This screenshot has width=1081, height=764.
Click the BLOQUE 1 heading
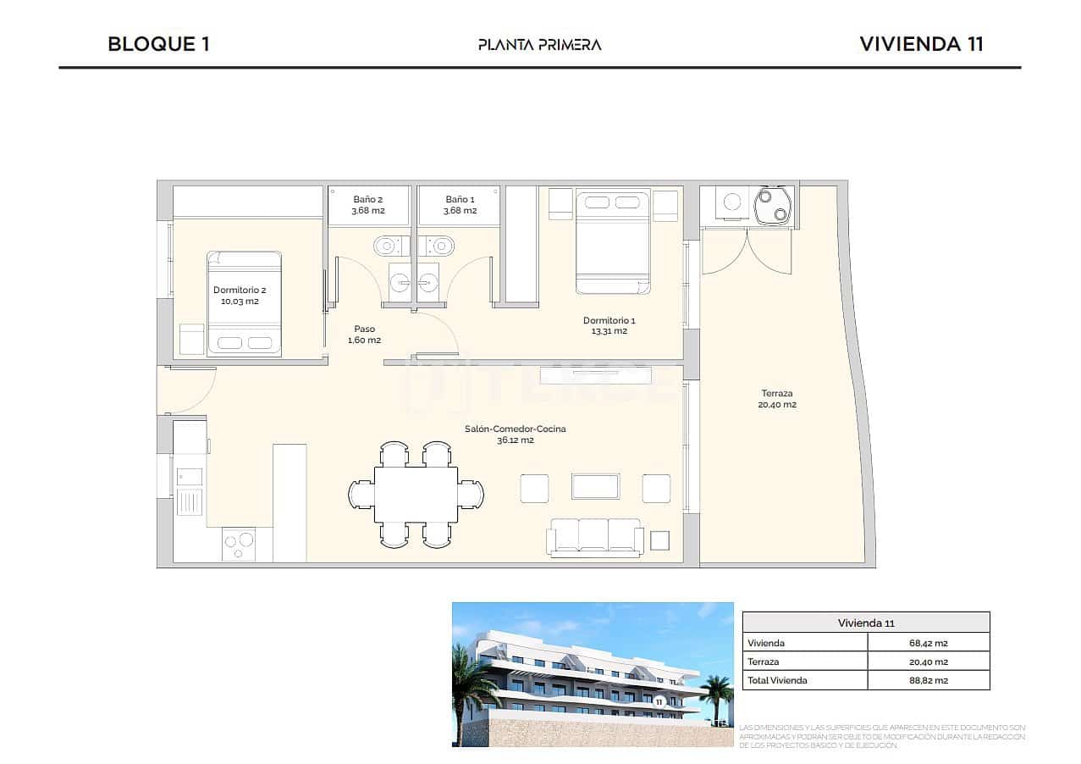click(158, 44)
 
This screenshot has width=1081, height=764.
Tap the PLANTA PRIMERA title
click(539, 45)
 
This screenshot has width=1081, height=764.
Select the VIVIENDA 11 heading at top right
click(921, 44)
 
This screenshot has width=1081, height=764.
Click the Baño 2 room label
click(368, 205)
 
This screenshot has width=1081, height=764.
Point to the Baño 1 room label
click(461, 205)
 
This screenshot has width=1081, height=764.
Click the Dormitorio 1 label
click(609, 325)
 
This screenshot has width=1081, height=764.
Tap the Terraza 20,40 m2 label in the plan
click(776, 399)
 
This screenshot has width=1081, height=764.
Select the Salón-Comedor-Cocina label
click(515, 435)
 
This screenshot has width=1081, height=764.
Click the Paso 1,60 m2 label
click(364, 335)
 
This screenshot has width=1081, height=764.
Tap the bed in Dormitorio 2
click(245, 303)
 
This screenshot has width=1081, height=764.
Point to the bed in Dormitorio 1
click(613, 242)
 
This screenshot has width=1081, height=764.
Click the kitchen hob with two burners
click(239, 543)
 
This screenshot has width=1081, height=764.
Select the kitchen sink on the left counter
click(190, 492)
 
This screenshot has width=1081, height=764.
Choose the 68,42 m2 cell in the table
click(928, 643)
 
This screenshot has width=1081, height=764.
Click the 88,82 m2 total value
click(928, 680)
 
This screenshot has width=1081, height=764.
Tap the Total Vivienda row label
click(777, 680)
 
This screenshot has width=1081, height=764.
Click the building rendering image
click(592, 674)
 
